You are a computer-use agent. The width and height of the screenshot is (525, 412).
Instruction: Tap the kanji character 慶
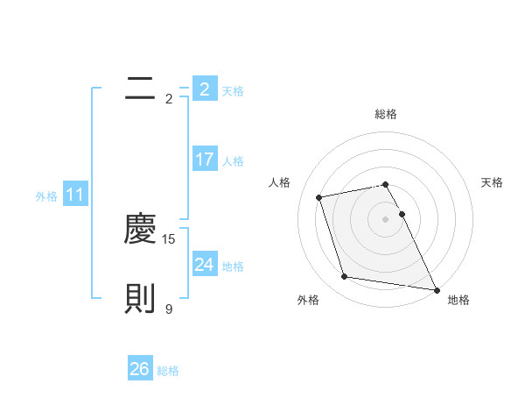140,229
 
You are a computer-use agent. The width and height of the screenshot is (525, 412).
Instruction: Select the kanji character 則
140,299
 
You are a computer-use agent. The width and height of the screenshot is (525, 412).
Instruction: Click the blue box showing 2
204,89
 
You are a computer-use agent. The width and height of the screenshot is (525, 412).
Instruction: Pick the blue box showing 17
204,160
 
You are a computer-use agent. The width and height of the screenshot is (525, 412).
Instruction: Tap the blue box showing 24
204,264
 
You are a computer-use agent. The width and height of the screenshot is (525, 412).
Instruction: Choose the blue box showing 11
74,195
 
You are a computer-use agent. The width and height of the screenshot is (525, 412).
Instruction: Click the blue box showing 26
140,369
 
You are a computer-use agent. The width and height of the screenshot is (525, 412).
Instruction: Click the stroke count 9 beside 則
169,309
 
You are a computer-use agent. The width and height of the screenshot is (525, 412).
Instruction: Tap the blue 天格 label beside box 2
233,90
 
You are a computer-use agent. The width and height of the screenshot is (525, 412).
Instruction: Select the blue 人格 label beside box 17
233,161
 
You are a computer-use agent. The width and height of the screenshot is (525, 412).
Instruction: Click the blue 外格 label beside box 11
46,196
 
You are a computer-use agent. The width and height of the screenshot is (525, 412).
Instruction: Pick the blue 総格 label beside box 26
168,371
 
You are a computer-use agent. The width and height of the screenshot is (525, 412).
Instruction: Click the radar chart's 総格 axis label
386,114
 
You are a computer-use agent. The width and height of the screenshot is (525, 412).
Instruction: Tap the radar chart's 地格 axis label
458,300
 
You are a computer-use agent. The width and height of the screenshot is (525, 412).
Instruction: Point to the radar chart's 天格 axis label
493,182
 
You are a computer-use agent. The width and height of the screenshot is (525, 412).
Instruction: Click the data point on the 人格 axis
319,196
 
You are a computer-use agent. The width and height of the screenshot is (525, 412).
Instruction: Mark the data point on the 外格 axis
345,276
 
